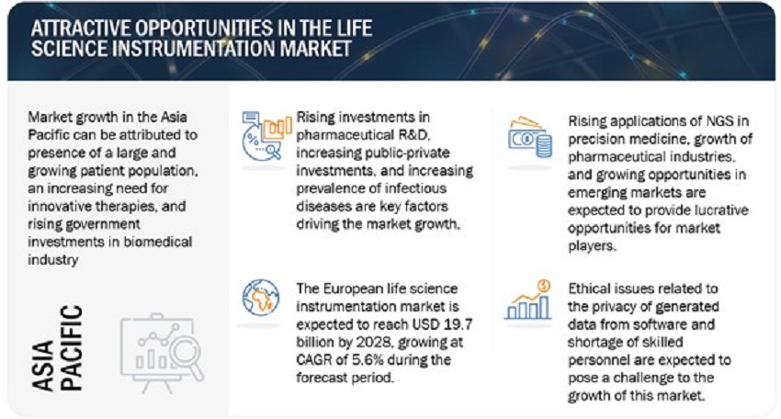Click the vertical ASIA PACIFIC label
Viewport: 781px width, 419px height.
(57, 347)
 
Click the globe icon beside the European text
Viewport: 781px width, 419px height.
(261, 298)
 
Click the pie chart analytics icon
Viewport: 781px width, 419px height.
(266, 136)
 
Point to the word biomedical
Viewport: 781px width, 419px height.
(158, 242)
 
